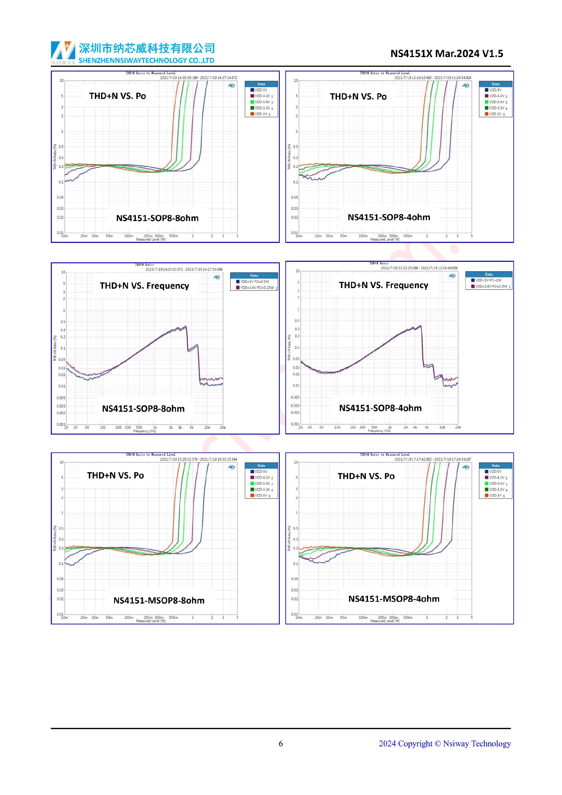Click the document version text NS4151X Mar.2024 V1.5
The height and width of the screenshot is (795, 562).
[446, 54]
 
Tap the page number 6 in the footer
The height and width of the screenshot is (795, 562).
[281, 743]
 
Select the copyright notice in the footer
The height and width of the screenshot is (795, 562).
[444, 743]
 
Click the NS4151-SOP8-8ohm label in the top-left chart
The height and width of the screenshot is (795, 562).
[157, 218]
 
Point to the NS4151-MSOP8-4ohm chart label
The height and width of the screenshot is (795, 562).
[393, 599]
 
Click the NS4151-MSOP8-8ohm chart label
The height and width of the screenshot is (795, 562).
[159, 600]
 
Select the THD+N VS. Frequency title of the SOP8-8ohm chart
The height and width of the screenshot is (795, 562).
[144, 286]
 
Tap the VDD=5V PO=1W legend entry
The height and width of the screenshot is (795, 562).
[488, 280]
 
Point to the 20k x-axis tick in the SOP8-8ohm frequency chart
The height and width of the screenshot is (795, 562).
[222, 428]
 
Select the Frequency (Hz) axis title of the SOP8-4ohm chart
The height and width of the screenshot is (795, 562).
[379, 431]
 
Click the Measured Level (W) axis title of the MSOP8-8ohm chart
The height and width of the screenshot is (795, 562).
[150, 621]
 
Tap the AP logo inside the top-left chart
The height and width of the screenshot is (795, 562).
[231, 86]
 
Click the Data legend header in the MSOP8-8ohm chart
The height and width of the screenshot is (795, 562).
[261, 466]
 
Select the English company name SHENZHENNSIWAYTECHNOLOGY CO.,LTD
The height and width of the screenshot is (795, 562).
[146, 61]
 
